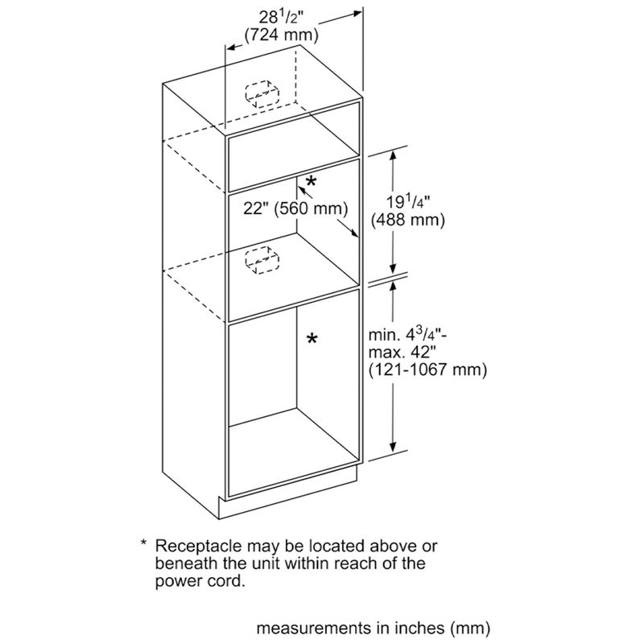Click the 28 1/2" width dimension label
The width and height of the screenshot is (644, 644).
click(x=280, y=17)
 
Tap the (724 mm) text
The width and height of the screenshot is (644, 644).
click(x=280, y=35)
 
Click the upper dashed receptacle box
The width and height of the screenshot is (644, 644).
click(x=260, y=93)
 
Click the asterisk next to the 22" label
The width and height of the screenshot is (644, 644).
click(x=311, y=183)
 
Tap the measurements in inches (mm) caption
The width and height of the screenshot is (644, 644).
click(x=374, y=625)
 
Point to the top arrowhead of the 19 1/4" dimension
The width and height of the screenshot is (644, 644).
click(x=394, y=155)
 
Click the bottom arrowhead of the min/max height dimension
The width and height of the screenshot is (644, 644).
click(x=394, y=452)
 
